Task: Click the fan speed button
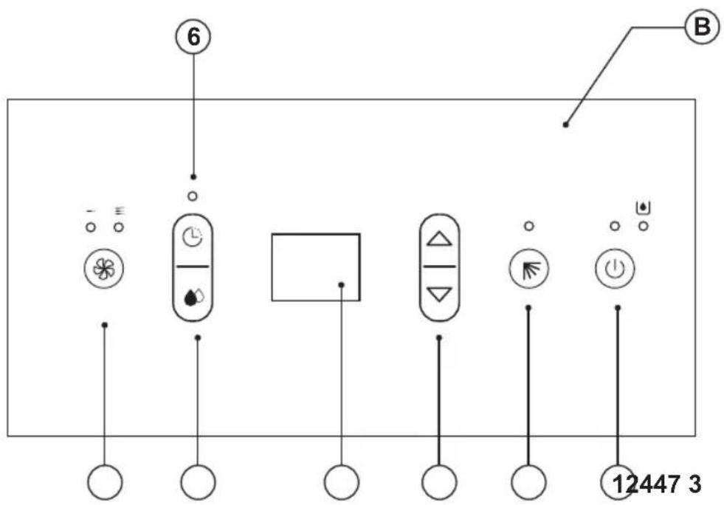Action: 104,269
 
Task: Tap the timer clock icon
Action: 193,238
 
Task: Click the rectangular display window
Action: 316,267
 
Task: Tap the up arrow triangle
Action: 439,239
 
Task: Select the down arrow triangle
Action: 439,295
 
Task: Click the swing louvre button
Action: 528,269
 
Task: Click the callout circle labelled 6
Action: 193,36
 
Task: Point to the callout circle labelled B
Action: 702,27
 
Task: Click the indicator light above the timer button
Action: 193,196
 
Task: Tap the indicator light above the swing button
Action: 529,226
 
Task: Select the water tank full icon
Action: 644,207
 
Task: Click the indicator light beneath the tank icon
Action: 644,227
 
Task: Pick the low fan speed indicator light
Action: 91,227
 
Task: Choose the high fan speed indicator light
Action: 119,227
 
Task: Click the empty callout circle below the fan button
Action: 105,482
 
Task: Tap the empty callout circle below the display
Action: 341,482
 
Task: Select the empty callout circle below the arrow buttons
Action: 439,482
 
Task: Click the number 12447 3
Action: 657,484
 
